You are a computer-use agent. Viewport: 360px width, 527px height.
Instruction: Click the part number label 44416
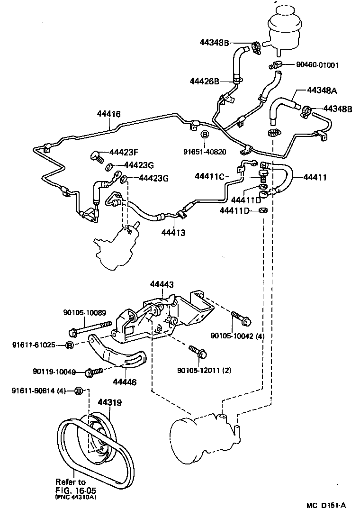click(108, 114)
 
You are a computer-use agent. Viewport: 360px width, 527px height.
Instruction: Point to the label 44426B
click(205, 81)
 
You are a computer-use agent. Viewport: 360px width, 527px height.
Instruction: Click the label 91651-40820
click(205, 152)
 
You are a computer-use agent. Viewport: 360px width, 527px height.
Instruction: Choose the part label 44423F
click(124, 152)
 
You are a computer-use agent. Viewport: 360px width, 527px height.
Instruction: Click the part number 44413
click(173, 233)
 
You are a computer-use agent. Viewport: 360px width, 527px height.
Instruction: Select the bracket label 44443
click(162, 284)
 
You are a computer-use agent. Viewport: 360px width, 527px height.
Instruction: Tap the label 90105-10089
click(85, 312)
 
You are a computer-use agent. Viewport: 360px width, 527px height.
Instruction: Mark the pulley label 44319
click(110, 402)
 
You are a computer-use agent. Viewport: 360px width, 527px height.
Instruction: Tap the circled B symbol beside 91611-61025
click(69, 345)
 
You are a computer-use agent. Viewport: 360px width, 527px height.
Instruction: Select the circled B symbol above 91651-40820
click(205, 135)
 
